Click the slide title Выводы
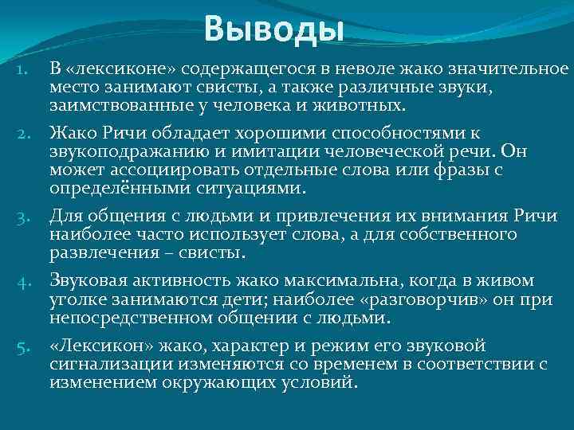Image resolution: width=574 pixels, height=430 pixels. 273,30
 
